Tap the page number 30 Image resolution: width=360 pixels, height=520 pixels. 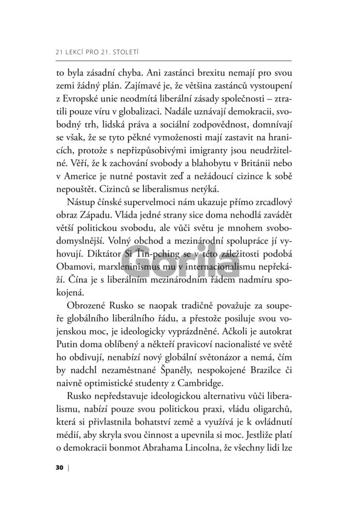(59, 468)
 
